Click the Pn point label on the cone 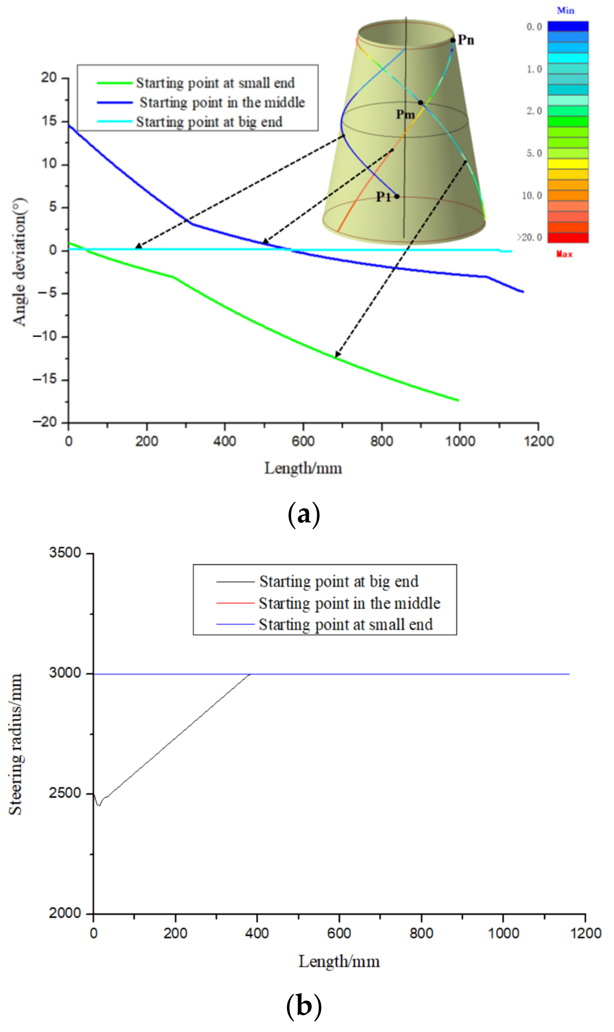[466, 40]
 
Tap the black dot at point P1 [397, 196]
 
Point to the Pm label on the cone [405, 114]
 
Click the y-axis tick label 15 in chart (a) [49, 121]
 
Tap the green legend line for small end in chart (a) [115, 83]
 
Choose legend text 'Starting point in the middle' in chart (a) [222, 102]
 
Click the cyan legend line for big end [115, 122]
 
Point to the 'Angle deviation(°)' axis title [19, 262]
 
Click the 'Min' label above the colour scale [565, 10]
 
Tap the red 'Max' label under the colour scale [564, 254]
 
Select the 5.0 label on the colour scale [534, 153]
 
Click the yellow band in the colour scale [568, 164]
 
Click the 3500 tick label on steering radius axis [65, 553]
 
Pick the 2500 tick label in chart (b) [65, 793]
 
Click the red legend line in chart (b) [235, 603]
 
